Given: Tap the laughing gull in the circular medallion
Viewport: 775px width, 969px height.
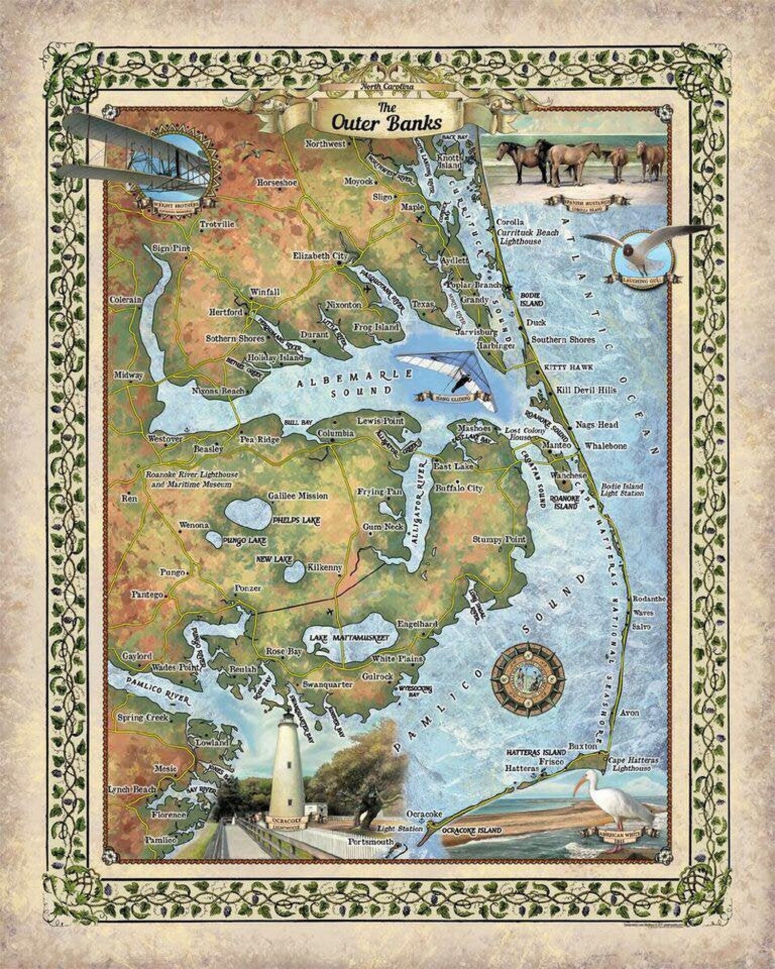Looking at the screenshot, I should point(643,251).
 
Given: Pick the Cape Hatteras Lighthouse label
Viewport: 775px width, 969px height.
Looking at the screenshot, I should point(632,764).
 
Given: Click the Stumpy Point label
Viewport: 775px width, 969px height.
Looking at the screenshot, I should point(499,539).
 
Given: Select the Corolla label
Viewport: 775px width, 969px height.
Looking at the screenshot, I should point(510,222).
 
